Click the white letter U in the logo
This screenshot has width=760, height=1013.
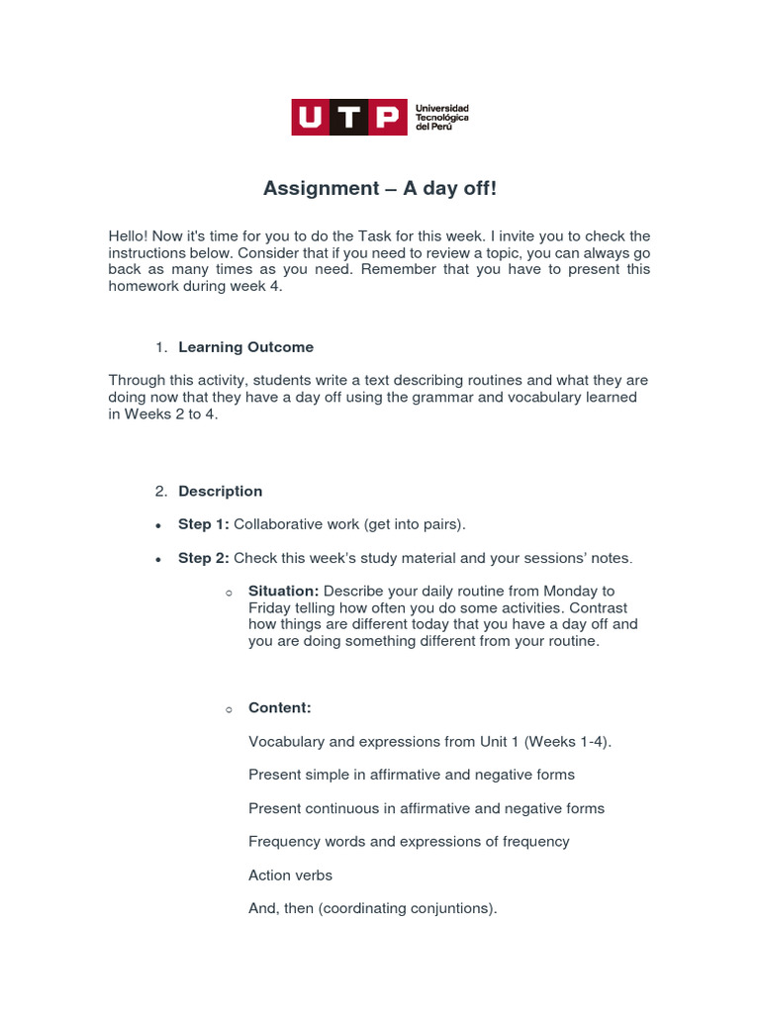click(x=311, y=118)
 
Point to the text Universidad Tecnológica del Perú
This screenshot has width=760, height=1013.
click(x=441, y=118)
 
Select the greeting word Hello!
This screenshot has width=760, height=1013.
click(x=129, y=236)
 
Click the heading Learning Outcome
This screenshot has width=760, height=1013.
click(x=245, y=347)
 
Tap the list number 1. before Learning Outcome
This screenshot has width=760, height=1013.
click(x=161, y=347)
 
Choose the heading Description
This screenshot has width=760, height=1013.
click(x=220, y=492)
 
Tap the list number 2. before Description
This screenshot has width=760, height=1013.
click(x=161, y=492)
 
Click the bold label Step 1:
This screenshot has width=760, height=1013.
click(x=203, y=524)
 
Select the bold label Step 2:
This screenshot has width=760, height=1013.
click(x=203, y=558)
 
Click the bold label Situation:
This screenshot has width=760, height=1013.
click(x=283, y=592)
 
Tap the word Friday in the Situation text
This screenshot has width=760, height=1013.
click(x=269, y=608)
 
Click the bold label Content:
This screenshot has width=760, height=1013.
click(x=279, y=708)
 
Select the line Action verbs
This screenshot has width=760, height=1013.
click(x=290, y=875)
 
